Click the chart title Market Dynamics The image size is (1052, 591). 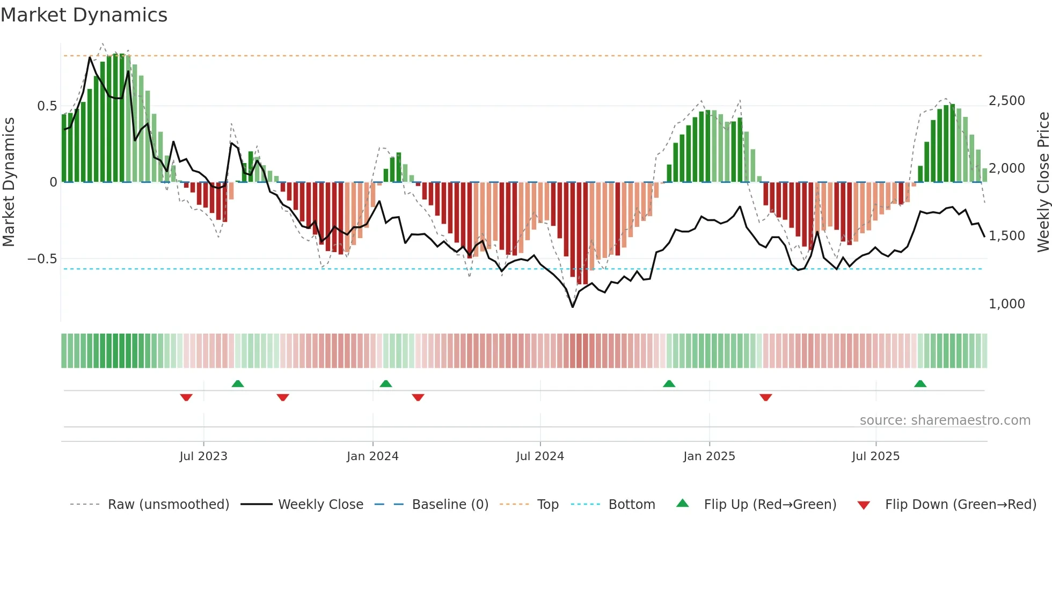tap(84, 15)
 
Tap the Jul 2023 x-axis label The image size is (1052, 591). tap(203, 456)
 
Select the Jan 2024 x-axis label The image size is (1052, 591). tap(372, 456)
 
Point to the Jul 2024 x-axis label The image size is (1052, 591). tap(540, 456)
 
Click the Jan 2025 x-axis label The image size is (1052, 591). tap(709, 456)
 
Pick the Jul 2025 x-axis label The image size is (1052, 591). tap(875, 456)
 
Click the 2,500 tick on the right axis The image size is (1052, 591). tap(1006, 101)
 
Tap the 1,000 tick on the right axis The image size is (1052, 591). tap(1006, 304)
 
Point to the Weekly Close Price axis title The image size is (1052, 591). tap(1043, 182)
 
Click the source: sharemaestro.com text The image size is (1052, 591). tap(945, 420)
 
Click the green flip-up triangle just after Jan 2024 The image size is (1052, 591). tap(386, 384)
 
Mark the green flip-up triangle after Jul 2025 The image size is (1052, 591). tap(920, 384)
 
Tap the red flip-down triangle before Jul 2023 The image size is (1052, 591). tap(186, 397)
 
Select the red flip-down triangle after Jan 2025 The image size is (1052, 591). tap(766, 397)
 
